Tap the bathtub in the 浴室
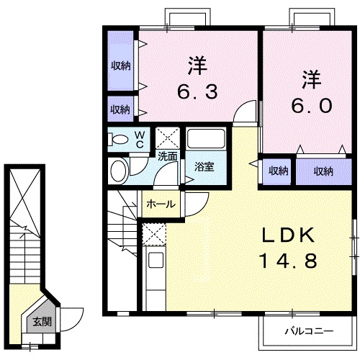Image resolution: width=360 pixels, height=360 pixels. point(206,139)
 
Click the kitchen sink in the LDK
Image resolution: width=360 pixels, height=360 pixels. point(156,260)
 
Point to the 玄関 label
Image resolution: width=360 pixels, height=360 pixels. point(42,322)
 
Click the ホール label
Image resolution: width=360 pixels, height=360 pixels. point(161,204)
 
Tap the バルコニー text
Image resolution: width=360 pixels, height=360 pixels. point(309,331)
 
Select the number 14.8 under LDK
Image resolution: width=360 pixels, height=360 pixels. point(289,261)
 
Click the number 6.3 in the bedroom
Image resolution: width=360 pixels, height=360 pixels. point(197,91)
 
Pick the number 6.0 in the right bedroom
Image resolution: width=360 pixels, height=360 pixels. point(312,105)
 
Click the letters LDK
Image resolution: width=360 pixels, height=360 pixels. point(288,235)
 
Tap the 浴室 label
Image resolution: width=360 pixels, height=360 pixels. point(204,166)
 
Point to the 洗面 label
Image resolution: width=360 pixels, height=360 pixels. point(168,156)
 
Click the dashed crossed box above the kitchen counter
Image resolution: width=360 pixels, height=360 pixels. point(154,234)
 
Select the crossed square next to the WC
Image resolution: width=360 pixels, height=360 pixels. point(168,138)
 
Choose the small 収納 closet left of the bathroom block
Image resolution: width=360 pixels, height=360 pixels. point(120,109)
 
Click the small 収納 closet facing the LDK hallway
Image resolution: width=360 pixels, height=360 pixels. point(278,171)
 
